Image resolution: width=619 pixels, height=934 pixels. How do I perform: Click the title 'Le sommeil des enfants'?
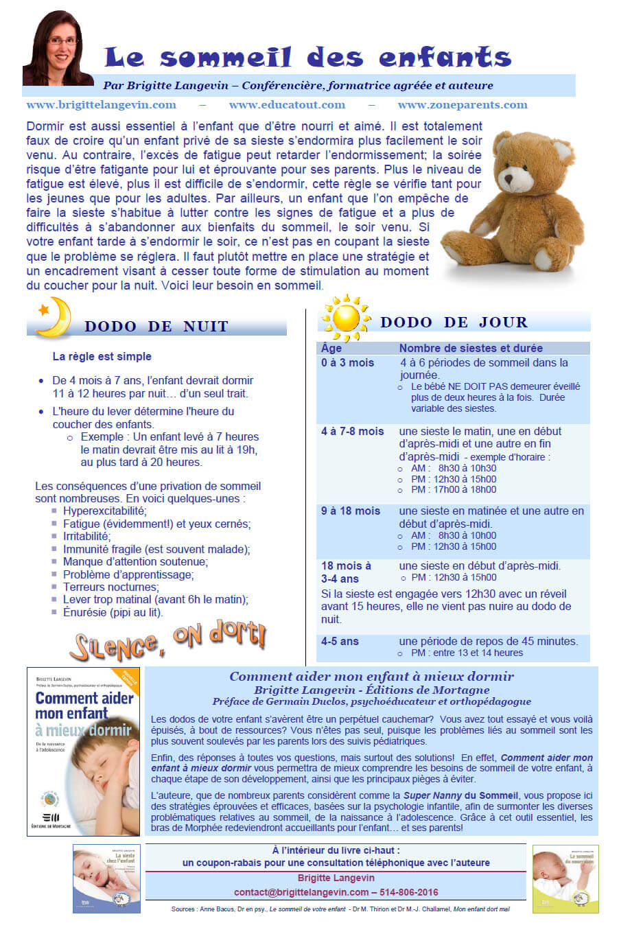(308, 57)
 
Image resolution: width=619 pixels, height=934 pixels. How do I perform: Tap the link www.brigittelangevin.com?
(101, 105)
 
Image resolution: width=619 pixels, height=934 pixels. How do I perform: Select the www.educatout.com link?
(287, 105)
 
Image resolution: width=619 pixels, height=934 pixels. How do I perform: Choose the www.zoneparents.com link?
(463, 105)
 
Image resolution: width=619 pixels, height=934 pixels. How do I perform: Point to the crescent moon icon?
(55, 316)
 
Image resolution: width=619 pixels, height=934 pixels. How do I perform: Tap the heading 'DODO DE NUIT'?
(156, 327)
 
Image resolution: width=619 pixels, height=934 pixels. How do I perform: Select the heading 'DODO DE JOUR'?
(454, 323)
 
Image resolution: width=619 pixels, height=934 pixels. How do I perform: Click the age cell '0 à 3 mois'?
(347, 362)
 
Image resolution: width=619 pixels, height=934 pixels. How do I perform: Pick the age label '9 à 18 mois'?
(351, 511)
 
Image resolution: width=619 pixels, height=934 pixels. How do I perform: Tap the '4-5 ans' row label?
(340, 641)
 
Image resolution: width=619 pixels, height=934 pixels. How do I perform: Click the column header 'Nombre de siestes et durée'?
(471, 348)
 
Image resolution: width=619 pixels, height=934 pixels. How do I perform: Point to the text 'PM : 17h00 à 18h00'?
(454, 489)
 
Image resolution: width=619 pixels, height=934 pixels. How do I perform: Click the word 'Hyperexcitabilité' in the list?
(105, 511)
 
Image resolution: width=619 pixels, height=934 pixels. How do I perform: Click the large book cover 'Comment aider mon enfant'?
(84, 751)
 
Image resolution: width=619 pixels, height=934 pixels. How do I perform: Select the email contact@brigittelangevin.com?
(301, 892)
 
